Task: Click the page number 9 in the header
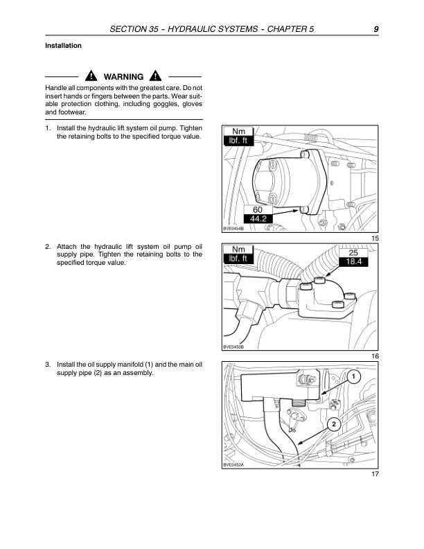tap(375, 29)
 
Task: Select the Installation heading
tap(63, 46)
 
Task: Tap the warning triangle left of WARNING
tap(90, 76)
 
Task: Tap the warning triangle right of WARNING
tap(155, 76)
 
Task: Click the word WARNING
tap(123, 77)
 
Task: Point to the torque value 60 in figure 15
tap(257, 209)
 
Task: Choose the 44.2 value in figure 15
tap(260, 219)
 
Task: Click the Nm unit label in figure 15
tap(238, 131)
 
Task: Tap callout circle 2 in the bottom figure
tap(333, 424)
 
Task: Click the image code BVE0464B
tap(233, 228)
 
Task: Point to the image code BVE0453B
tap(233, 347)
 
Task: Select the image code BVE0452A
tap(233, 465)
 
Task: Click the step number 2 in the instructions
tap(47, 246)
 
